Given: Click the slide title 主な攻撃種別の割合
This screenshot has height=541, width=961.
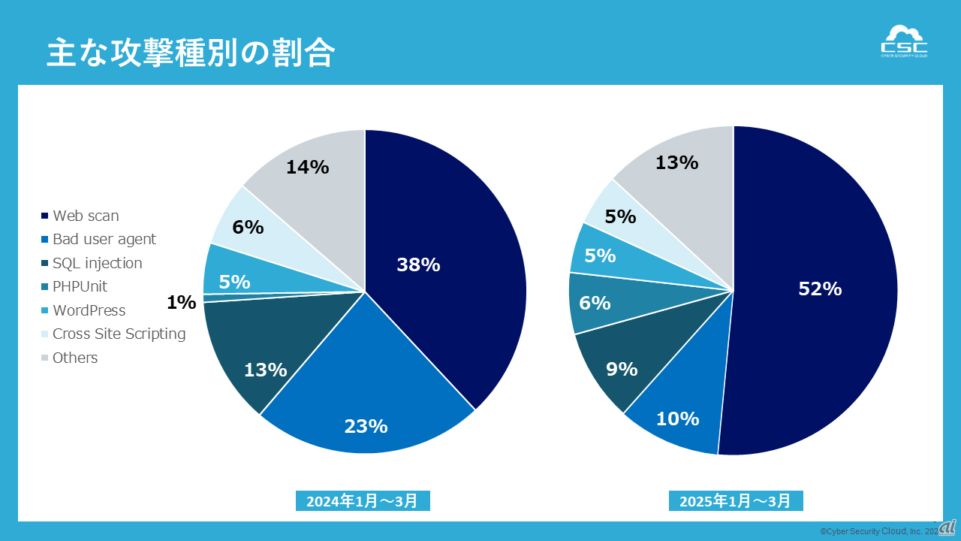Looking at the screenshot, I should [x=191, y=53].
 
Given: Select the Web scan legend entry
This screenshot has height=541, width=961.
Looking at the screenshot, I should [x=85, y=216].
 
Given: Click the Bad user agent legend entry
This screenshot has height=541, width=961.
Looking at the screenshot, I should [x=104, y=239].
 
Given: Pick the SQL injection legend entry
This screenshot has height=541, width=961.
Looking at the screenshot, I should [x=97, y=263].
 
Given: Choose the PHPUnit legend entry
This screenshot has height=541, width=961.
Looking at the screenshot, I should [x=80, y=286].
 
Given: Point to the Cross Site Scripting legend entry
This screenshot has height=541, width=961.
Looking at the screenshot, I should [x=119, y=334].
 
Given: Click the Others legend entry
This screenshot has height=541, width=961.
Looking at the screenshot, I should [x=75, y=358].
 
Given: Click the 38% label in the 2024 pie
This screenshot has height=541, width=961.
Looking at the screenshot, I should [x=418, y=264].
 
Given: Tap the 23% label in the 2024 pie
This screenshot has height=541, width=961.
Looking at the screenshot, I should [x=366, y=426].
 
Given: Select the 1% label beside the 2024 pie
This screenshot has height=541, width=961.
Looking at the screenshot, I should [x=181, y=303].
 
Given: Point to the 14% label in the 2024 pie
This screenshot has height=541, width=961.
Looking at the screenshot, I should [x=307, y=168].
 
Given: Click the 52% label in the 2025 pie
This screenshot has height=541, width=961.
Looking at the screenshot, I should [x=820, y=289].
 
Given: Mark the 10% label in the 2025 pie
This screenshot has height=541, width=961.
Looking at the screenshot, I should [x=677, y=419].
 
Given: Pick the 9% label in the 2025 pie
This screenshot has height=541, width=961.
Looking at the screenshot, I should [x=622, y=369].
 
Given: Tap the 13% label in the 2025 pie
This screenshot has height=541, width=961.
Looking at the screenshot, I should [x=676, y=162].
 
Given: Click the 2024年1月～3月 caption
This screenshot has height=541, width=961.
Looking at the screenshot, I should [x=363, y=501].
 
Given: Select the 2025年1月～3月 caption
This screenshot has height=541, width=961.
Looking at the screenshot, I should [x=736, y=501].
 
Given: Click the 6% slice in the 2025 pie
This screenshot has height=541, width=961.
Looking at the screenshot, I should [x=595, y=303].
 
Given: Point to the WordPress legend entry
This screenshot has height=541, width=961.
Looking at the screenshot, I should [x=89, y=310].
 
